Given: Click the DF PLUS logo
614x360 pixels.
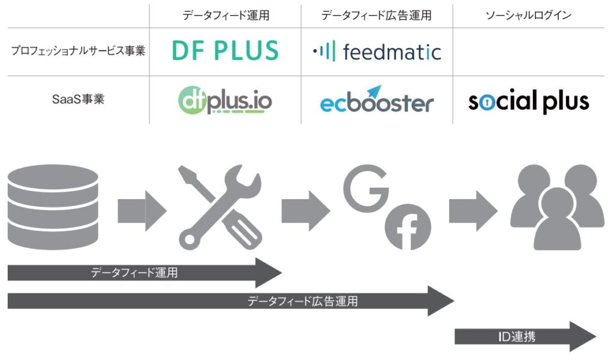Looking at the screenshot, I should (225, 50).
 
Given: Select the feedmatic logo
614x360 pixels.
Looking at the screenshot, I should (377, 52).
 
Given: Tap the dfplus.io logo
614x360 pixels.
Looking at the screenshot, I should (225, 100).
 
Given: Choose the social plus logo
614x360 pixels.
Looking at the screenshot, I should (528, 101).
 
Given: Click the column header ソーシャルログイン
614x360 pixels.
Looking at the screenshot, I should (528, 16).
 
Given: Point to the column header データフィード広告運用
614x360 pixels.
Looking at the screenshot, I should (377, 16).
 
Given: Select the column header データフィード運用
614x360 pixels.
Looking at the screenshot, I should (225, 16).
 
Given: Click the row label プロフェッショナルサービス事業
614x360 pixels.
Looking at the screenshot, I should (79, 51).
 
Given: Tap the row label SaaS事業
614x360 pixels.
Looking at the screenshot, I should (78, 99).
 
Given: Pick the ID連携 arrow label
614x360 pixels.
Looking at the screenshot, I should (517, 337).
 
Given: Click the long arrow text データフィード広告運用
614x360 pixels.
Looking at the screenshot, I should (303, 301).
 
